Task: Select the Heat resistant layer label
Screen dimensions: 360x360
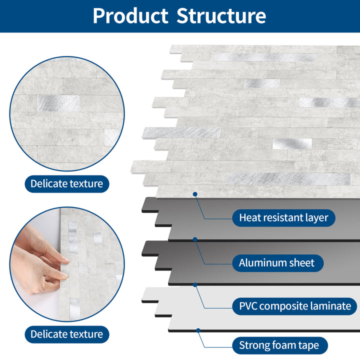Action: (283, 218)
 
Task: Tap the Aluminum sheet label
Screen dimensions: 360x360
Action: (276, 262)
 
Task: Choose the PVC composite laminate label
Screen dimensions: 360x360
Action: (294, 306)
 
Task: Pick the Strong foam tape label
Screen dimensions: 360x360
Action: (282, 345)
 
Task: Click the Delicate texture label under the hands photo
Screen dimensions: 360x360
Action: (66, 334)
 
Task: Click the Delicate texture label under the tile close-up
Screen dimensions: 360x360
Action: (66, 183)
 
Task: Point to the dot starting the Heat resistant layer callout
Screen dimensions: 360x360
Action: (195, 193)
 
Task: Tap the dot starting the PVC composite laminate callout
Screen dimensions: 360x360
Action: (195, 284)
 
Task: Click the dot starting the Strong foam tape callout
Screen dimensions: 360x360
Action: (198, 330)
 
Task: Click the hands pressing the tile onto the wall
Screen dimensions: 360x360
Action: (42, 260)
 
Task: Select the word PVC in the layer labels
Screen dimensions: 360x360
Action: (248, 306)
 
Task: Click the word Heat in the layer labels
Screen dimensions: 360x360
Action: (250, 218)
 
